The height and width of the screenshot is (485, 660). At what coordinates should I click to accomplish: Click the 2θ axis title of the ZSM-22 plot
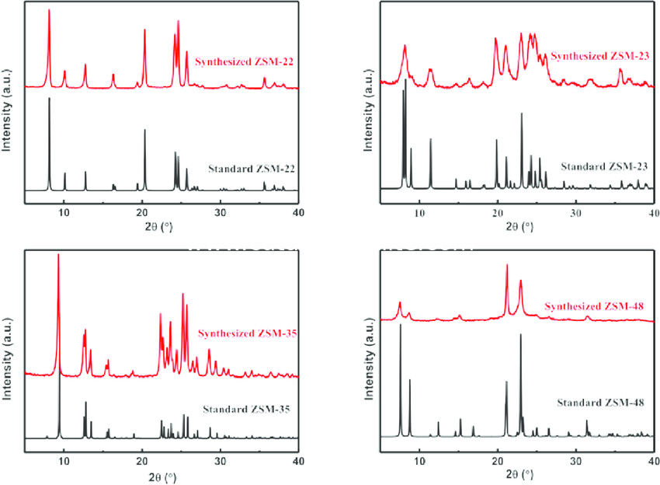(162, 226)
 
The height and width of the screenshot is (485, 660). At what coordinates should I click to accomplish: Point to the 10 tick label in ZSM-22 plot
(64, 211)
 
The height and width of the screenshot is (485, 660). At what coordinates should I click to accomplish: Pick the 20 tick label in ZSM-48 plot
(498, 459)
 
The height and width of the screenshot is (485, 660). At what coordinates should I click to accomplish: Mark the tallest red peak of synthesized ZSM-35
(58, 256)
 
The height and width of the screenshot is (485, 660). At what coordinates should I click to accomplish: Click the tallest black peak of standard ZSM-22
(50, 99)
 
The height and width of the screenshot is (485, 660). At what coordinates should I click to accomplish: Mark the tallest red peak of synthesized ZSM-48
(507, 266)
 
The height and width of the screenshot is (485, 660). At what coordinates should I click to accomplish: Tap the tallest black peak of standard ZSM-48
(401, 326)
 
